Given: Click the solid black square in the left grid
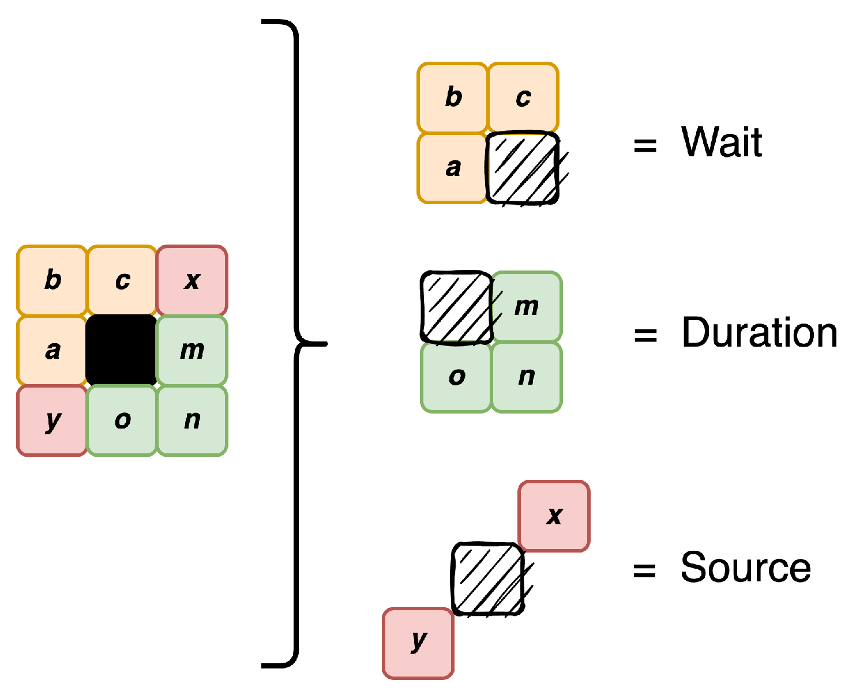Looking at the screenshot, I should (121, 350).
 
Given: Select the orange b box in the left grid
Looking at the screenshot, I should (52, 280).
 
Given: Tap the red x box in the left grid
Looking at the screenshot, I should (192, 280).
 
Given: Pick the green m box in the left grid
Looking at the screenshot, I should (192, 350).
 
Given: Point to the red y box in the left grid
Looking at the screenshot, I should (52, 420).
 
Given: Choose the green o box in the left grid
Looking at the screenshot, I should (122, 420).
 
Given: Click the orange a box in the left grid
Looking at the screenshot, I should (52, 350).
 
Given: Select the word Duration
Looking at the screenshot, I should (759, 333).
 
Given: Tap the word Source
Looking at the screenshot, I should (745, 568).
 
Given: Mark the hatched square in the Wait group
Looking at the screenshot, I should (523, 168).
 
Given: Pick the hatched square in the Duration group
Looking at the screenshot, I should (456, 307).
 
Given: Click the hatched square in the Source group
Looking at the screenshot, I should (488, 578).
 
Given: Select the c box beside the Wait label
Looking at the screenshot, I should (523, 97).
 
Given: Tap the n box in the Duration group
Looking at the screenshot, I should (527, 377).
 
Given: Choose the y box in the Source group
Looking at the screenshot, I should (418, 643).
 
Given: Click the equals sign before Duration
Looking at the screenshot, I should (645, 335).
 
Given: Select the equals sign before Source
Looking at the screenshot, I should (645, 570).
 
